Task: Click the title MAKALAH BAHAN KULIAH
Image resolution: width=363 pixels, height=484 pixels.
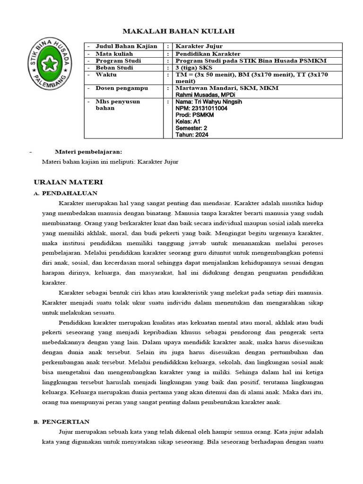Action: [179, 31]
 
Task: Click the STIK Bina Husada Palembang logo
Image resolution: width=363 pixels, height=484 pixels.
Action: [49, 62]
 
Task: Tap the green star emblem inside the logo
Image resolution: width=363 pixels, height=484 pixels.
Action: [49, 62]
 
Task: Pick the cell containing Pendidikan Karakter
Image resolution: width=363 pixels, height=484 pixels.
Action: [208, 54]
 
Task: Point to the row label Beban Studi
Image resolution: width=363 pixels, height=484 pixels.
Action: [114, 68]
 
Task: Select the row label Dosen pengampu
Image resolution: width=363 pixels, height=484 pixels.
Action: [122, 88]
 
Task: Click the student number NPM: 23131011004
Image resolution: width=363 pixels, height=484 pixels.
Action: [201, 108]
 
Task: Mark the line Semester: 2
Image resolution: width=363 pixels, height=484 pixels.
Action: [191, 128]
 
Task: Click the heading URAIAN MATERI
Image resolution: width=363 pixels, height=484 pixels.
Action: [69, 182]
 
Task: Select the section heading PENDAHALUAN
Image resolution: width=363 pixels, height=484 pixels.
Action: [69, 193]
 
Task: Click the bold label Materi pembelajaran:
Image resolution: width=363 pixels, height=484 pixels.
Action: [88, 152]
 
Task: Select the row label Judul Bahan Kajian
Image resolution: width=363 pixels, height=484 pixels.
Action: [123, 46]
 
